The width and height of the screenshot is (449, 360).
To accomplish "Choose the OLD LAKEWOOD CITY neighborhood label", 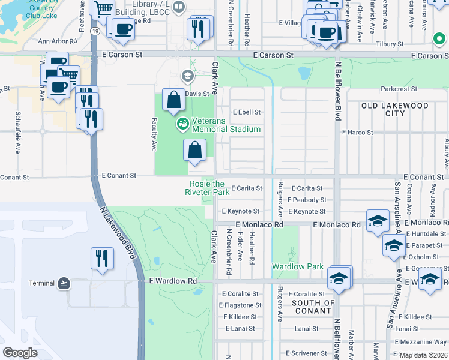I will coord(394,110).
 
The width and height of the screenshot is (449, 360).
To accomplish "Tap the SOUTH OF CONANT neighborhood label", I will coord(313,307).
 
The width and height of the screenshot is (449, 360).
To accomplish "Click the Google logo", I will coord(20,352).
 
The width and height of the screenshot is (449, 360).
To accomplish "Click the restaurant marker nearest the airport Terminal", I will coord(102,259).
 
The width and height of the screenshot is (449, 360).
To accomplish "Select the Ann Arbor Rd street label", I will coord(58,41).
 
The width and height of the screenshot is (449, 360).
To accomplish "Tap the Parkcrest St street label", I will coord(397,89).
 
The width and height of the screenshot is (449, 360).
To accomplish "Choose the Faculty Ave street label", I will coord(154,134).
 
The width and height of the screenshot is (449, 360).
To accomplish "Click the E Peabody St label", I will coord(306,200).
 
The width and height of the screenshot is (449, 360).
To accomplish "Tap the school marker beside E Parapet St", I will coord(393,245).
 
